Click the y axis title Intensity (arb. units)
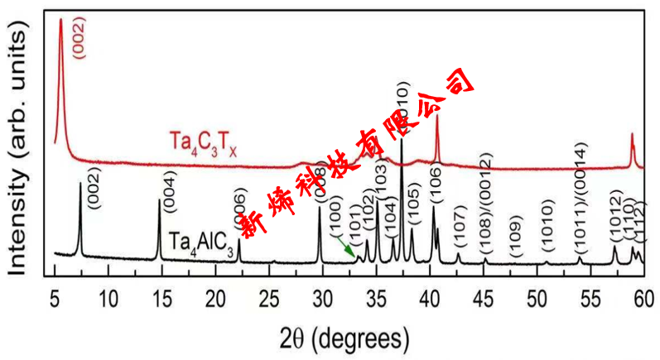pyautogui.click(x=22, y=149)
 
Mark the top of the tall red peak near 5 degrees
pyautogui.click(x=60, y=22)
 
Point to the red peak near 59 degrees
pyautogui.click(x=632, y=137)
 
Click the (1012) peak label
pyautogui.click(x=616, y=215)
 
